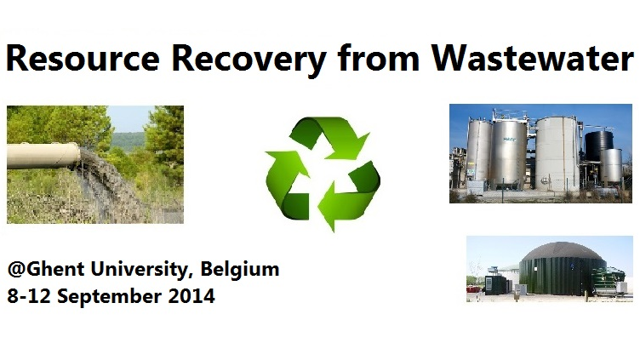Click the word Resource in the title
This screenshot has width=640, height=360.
point(72,59)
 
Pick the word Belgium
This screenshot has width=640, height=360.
point(240,271)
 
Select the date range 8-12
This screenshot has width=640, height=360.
point(29,298)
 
